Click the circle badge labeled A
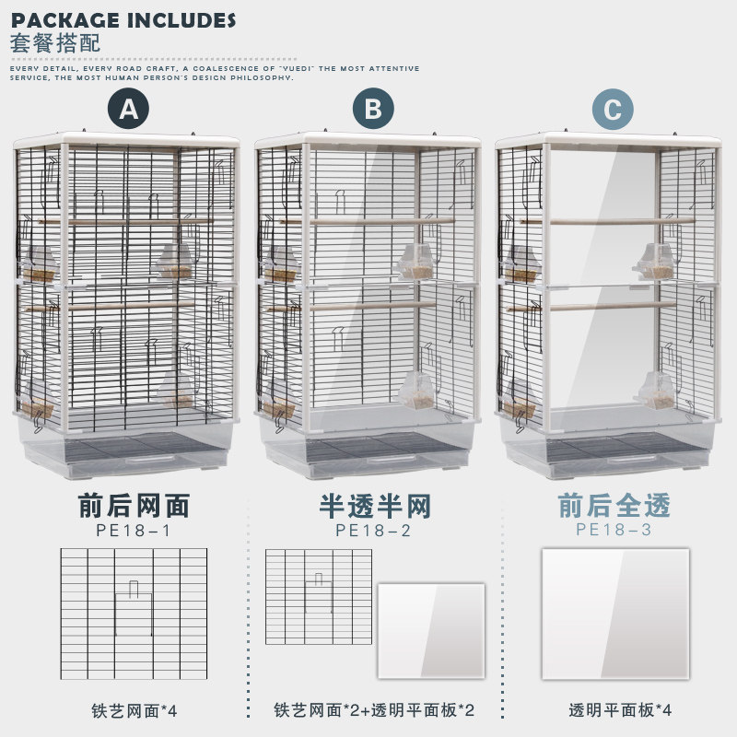[x=130, y=111]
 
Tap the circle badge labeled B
[x=372, y=111]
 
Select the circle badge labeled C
[x=613, y=111]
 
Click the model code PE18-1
[x=133, y=530]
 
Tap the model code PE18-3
[x=614, y=530]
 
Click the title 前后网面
[x=133, y=506]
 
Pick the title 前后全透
[x=614, y=506]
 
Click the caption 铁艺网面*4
[x=134, y=710]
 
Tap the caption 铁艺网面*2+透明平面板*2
[x=374, y=710]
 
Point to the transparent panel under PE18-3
[x=615, y=614]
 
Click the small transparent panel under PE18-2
[x=430, y=631]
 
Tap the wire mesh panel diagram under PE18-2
[x=318, y=597]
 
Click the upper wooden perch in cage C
[x=612, y=222]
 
